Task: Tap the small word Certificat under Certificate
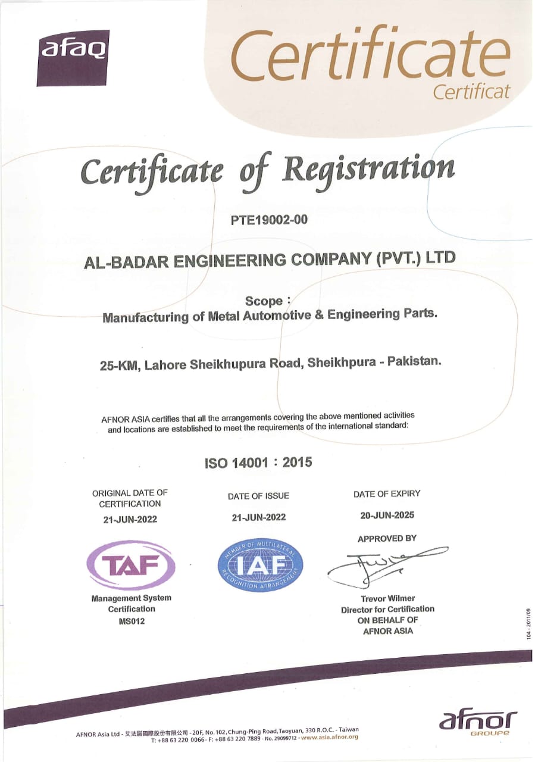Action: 471,92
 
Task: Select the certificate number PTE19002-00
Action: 269,220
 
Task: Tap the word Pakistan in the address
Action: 414,361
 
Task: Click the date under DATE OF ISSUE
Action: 258,517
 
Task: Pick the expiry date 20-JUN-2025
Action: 387,515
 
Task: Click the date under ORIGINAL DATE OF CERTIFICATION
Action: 130,519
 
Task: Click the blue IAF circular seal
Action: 260,564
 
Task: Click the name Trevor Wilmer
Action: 387,598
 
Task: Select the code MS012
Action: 131,621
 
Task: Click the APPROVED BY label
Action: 387,539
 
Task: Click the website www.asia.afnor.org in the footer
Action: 329,738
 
